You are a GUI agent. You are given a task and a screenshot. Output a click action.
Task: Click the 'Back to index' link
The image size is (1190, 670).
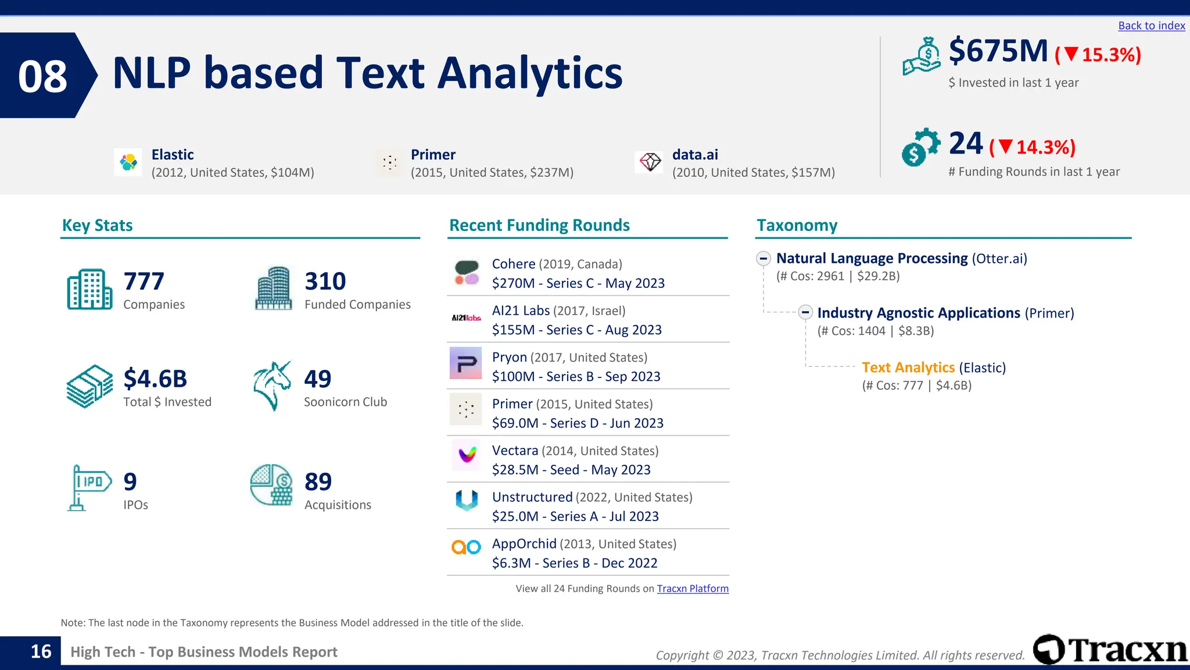[1151, 26]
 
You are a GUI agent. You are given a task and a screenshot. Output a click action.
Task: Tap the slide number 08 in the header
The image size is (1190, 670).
[42, 76]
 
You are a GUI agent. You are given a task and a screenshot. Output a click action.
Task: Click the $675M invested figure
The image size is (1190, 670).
[998, 51]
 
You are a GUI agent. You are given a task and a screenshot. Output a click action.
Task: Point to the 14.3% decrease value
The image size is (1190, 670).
[1045, 147]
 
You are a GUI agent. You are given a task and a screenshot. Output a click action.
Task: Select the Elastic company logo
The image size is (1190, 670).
[128, 162]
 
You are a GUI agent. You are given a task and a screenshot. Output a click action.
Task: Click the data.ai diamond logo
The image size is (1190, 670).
[650, 162]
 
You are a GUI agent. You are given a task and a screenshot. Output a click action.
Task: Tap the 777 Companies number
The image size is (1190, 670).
[144, 281]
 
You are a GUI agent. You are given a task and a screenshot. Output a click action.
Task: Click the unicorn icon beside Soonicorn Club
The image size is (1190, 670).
[272, 386]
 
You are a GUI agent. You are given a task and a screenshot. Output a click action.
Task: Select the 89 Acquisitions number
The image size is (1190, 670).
[318, 482]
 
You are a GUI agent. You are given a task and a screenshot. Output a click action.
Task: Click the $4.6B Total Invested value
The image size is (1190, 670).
[155, 379]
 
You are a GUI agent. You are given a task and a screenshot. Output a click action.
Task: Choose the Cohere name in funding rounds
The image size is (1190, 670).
[514, 264]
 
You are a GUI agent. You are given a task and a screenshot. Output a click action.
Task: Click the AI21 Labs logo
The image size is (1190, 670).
[466, 318]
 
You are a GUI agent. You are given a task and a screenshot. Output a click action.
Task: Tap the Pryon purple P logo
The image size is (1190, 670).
[465, 363]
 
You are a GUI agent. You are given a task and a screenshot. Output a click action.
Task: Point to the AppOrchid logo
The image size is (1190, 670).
[466, 547]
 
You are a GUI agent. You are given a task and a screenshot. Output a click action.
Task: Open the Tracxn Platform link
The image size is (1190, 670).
[692, 589]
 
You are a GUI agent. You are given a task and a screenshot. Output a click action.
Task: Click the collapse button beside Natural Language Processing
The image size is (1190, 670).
[764, 258]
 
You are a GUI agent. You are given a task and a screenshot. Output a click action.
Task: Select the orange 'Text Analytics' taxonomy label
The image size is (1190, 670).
[908, 368]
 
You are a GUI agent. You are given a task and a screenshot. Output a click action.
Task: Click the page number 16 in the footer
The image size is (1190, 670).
[41, 651]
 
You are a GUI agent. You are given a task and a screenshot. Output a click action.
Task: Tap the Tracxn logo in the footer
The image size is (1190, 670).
[1110, 650]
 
